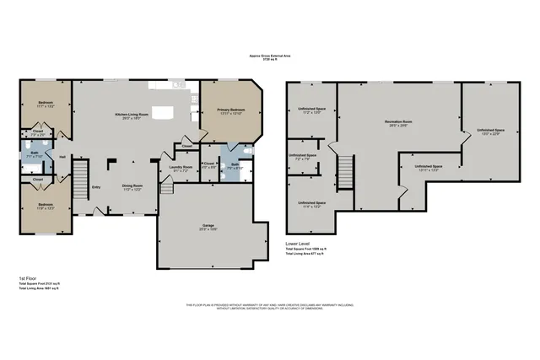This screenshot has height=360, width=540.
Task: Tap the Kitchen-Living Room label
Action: click(x=132, y=115)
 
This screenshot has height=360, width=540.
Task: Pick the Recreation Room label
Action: click(x=397, y=123)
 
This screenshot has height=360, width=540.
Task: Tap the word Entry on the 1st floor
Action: click(x=97, y=187)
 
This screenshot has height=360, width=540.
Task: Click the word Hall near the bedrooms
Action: click(x=62, y=155)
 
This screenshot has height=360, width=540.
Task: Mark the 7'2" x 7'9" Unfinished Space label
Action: click(x=301, y=157)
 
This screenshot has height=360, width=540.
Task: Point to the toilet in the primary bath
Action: click(x=247, y=153)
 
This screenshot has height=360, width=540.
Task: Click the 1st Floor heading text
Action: click(x=28, y=277)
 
